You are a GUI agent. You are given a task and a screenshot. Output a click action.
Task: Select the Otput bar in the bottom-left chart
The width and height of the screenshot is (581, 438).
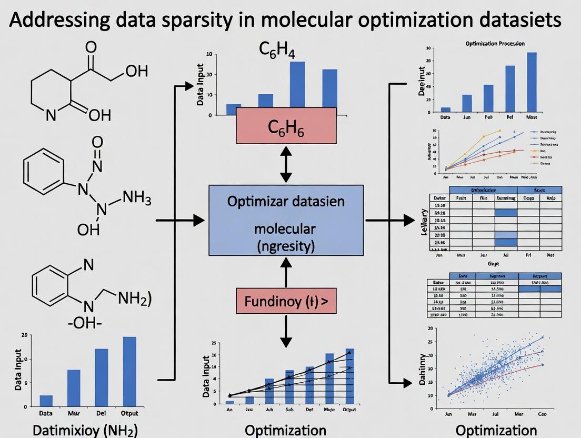point(129,371)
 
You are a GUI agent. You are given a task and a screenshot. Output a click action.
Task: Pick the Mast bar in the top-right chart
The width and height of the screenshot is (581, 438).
point(532,82)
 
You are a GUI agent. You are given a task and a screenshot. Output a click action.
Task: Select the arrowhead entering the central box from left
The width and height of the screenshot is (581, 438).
point(198,221)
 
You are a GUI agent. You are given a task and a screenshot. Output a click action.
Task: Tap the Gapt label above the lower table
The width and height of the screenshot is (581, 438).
point(493,263)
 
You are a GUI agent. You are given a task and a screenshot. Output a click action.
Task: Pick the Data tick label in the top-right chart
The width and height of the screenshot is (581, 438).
point(445,117)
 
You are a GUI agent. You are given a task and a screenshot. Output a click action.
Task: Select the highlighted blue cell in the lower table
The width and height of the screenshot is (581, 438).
point(539,288)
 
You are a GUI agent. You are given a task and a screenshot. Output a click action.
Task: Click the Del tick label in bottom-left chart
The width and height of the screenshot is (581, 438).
point(101,414)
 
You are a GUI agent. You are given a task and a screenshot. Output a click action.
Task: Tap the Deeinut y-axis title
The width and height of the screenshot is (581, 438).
point(422,81)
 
